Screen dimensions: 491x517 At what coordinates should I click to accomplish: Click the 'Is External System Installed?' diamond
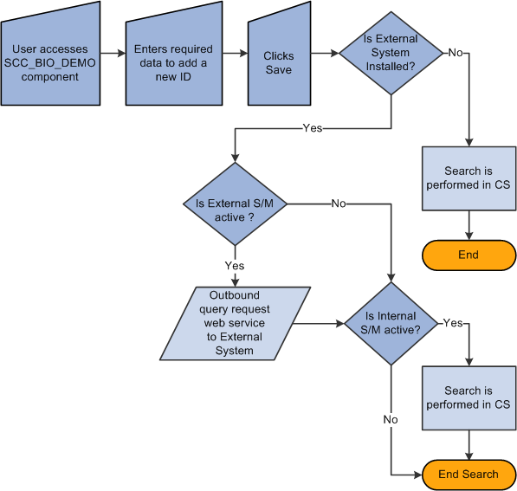coord(391,53)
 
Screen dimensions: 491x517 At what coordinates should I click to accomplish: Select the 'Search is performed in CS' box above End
coord(469,178)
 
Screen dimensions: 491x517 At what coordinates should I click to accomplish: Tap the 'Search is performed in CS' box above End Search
coord(469,397)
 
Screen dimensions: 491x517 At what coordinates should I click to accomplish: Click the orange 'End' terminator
coord(469,255)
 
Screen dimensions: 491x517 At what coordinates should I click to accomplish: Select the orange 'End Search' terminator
coord(469,474)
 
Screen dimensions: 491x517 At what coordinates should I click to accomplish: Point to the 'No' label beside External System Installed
coord(455,53)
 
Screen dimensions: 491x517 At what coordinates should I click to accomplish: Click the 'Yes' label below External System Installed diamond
coord(312,127)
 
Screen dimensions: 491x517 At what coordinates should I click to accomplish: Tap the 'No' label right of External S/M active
coord(339,204)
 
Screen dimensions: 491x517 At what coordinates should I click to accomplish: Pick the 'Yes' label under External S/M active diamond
coord(234,266)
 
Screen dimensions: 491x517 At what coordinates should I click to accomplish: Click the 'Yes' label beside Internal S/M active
coord(452,323)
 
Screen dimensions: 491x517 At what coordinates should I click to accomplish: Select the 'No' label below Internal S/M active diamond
coord(391,419)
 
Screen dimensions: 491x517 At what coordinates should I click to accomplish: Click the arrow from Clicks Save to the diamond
coord(323,53)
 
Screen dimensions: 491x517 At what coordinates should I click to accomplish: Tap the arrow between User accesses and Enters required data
coord(113,53)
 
